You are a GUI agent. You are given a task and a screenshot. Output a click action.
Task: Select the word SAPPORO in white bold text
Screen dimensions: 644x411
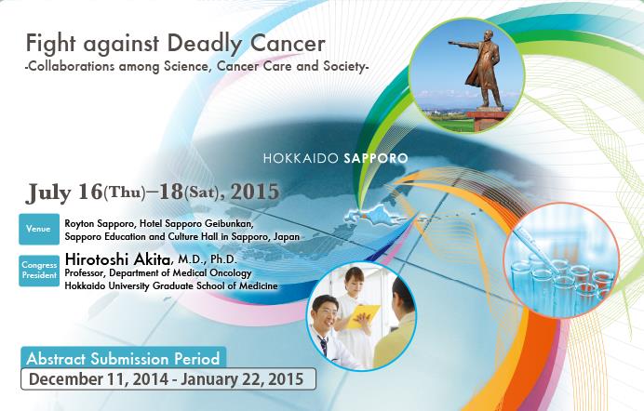tap(376, 158)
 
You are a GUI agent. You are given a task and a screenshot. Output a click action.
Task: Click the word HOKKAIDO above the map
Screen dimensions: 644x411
tap(301, 158)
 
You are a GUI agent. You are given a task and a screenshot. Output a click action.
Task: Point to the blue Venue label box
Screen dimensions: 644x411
tap(39, 229)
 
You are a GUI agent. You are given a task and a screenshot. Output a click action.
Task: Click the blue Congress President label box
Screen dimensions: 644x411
tap(39, 271)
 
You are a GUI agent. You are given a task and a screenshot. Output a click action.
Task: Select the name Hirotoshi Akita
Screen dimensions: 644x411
tap(118, 259)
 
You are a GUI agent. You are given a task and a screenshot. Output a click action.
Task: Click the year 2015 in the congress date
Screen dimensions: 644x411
tap(255, 192)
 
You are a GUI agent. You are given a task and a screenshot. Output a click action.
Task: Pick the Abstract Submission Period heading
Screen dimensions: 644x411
tap(123, 359)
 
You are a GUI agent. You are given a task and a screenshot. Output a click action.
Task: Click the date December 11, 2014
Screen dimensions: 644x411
tap(99, 379)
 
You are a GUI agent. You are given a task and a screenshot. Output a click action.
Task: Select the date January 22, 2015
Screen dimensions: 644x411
tap(242, 379)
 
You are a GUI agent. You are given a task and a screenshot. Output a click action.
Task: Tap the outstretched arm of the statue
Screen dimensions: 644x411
tap(465, 43)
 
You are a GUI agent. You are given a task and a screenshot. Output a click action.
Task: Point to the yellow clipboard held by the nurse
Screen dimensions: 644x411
tap(362, 316)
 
